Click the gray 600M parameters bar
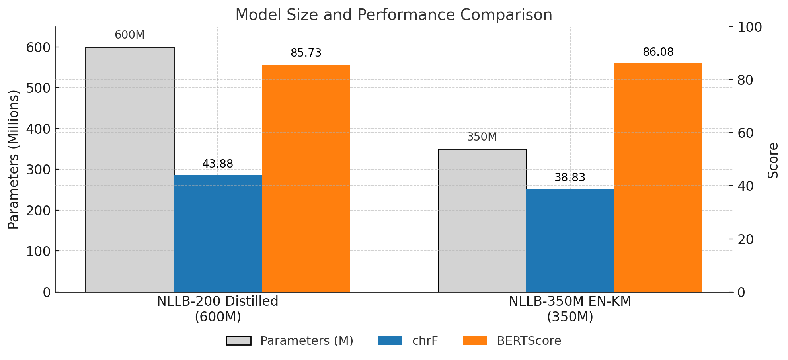coord(130,169)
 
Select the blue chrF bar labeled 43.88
coord(218,233)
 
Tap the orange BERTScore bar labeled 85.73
coord(306,178)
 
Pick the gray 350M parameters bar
coord(482,220)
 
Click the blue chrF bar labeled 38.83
coord(570,240)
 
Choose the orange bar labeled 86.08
coord(658,178)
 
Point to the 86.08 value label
coord(658,52)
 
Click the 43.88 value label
coord(218,164)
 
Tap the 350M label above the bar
coord(482,137)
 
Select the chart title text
coord(394,15)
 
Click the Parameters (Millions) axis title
coord(14,159)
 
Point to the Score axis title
coord(773,160)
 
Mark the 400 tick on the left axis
coord(39,129)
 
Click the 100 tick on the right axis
coord(749,27)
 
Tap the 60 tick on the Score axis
coord(745,133)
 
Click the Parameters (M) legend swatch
coord(238,341)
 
